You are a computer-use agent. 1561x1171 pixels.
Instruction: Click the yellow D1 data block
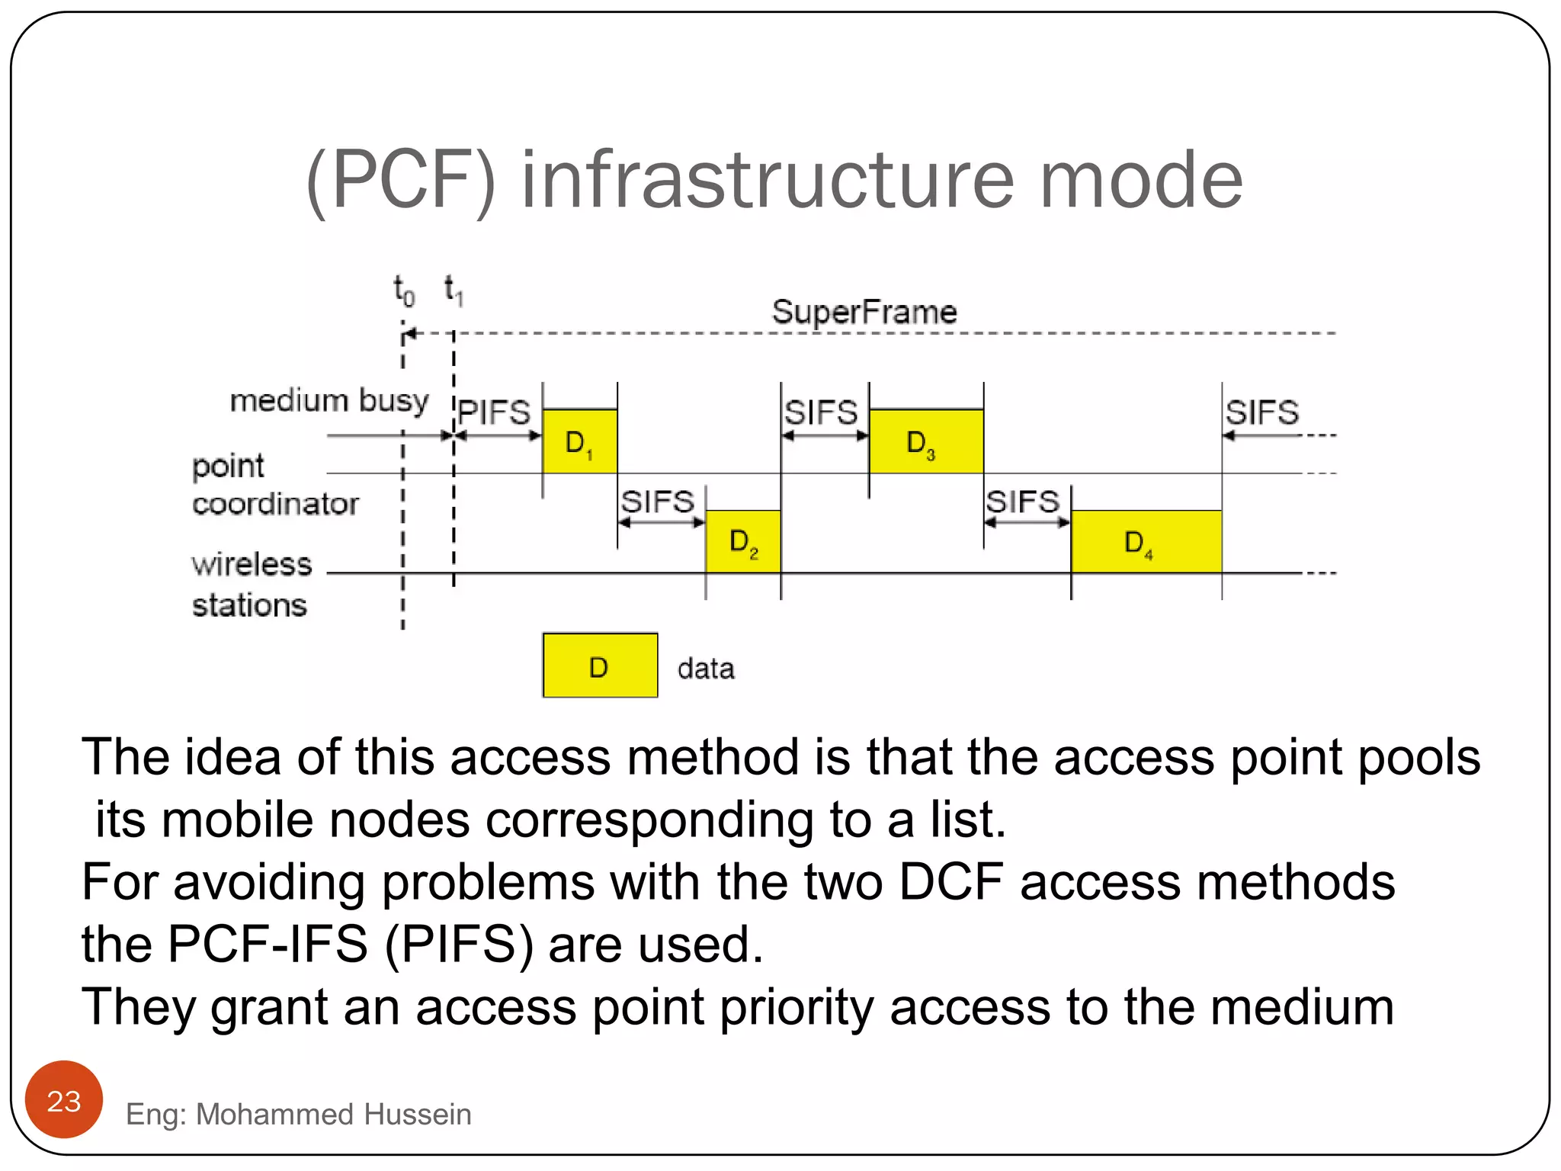579,441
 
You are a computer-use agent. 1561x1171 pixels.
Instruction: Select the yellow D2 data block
743,541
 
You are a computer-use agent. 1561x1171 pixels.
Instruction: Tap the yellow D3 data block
926,441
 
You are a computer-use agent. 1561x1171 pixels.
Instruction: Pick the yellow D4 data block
1146,541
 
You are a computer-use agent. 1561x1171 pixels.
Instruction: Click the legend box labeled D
600,666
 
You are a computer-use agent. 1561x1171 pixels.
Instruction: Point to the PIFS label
494,412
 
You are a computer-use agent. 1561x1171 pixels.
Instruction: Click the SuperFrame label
864,312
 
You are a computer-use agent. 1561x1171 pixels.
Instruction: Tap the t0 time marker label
404,290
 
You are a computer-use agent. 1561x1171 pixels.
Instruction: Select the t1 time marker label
454,290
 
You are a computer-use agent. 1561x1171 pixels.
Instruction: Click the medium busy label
329,400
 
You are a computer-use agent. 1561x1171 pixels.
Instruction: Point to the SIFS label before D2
657,502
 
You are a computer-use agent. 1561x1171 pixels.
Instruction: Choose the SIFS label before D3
821,412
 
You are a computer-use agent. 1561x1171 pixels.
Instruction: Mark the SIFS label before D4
1022,502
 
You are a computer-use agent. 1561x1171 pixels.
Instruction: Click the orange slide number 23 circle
64,1100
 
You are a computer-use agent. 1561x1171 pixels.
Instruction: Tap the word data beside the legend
706,669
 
